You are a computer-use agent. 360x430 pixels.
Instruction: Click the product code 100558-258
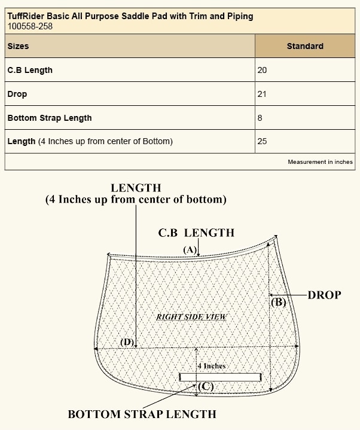pyautogui.click(x=29, y=26)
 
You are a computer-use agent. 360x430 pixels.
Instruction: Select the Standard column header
pyautogui.click(x=304, y=46)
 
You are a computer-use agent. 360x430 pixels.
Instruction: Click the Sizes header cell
pyautogui.click(x=18, y=46)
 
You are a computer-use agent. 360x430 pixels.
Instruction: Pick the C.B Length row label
pyautogui.click(x=30, y=70)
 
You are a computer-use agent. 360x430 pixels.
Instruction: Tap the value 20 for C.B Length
pyautogui.click(x=262, y=70)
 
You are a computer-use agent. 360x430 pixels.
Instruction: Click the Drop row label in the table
pyautogui.click(x=17, y=94)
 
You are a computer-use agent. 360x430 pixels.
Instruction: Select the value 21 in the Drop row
pyautogui.click(x=262, y=94)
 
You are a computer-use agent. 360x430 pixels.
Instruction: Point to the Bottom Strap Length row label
pyautogui.click(x=50, y=118)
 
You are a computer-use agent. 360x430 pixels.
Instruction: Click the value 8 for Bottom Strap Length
pyautogui.click(x=260, y=118)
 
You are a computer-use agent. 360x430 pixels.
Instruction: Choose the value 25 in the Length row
pyautogui.click(x=262, y=142)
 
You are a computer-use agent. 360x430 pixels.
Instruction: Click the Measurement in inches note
pyautogui.click(x=320, y=162)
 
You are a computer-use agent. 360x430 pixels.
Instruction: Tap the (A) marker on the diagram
pyautogui.click(x=190, y=249)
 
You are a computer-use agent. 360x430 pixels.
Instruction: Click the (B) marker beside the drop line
pyautogui.click(x=279, y=303)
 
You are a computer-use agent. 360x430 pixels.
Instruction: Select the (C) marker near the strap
pyautogui.click(x=205, y=386)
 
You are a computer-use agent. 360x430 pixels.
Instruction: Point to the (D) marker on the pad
pyautogui.click(x=127, y=342)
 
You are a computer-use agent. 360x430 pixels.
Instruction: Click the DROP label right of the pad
pyautogui.click(x=324, y=295)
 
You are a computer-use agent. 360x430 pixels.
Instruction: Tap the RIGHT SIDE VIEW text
pyautogui.click(x=191, y=316)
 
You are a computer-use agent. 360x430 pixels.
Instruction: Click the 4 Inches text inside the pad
pyautogui.click(x=211, y=365)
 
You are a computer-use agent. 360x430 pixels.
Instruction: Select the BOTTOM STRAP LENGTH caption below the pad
pyautogui.click(x=142, y=414)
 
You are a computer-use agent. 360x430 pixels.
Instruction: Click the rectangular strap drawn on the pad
pyautogui.click(x=220, y=377)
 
